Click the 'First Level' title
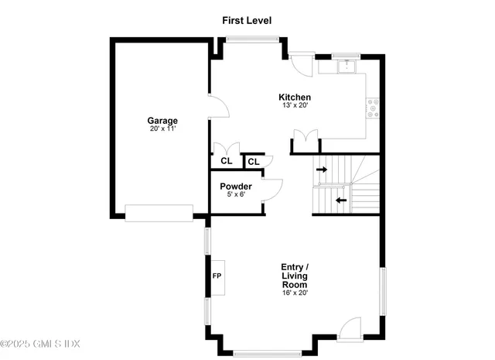point(247,19)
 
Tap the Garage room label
point(162,120)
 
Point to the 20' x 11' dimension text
point(162,129)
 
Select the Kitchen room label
point(295,97)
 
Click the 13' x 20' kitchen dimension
point(295,105)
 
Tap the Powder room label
point(235,186)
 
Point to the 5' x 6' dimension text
point(235,194)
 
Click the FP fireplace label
point(217,276)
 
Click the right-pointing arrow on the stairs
point(322,168)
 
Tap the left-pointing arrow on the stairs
point(341,200)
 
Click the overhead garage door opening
point(159,213)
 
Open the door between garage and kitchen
point(219,106)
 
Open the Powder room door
point(272,190)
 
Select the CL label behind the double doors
point(226,161)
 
